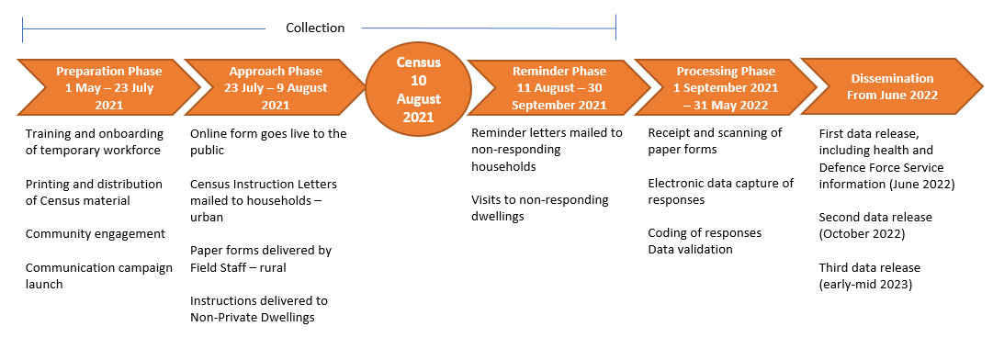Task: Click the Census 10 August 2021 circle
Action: [x=418, y=89]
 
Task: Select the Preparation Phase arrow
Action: [x=108, y=87]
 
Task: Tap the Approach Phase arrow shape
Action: [x=276, y=87]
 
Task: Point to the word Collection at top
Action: [x=315, y=28]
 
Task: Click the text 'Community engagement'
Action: [x=96, y=233]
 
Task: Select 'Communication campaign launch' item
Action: [x=98, y=276]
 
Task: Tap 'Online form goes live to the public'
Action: [x=268, y=141]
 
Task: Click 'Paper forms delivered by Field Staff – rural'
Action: [x=261, y=258]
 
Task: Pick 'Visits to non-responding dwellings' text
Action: [x=540, y=208]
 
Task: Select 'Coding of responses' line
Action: [x=705, y=232]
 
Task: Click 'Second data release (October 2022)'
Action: [x=875, y=225]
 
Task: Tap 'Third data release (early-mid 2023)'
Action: [x=869, y=276]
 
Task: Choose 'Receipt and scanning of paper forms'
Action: [x=715, y=141]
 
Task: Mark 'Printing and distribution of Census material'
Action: [x=94, y=192]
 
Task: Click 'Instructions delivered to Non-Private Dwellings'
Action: [x=259, y=309]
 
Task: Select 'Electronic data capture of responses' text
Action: [x=720, y=191]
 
